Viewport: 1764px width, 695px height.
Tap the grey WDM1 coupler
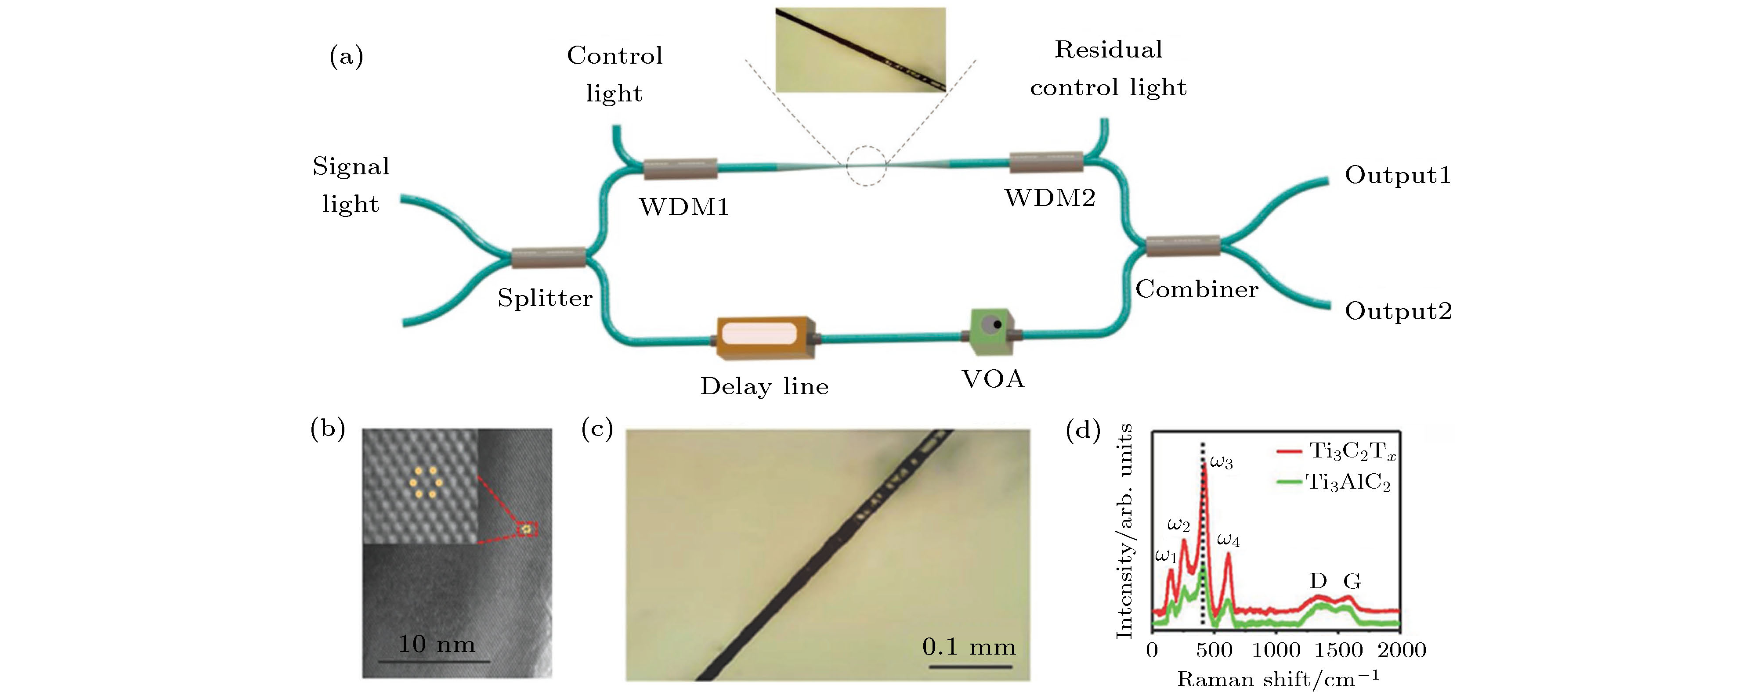[x=680, y=168]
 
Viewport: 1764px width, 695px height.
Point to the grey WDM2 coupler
[x=1046, y=162]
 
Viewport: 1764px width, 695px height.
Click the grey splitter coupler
[x=549, y=257]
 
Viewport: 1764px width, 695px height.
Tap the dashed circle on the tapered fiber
[x=866, y=166]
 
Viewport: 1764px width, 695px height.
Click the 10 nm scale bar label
[x=436, y=645]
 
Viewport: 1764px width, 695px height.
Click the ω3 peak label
[x=1221, y=462]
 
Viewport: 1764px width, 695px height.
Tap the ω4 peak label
[x=1228, y=541]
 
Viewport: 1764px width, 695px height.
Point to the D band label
[x=1318, y=581]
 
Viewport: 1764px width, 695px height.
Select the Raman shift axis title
[x=1278, y=679]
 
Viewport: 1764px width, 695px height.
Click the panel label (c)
[x=596, y=429]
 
